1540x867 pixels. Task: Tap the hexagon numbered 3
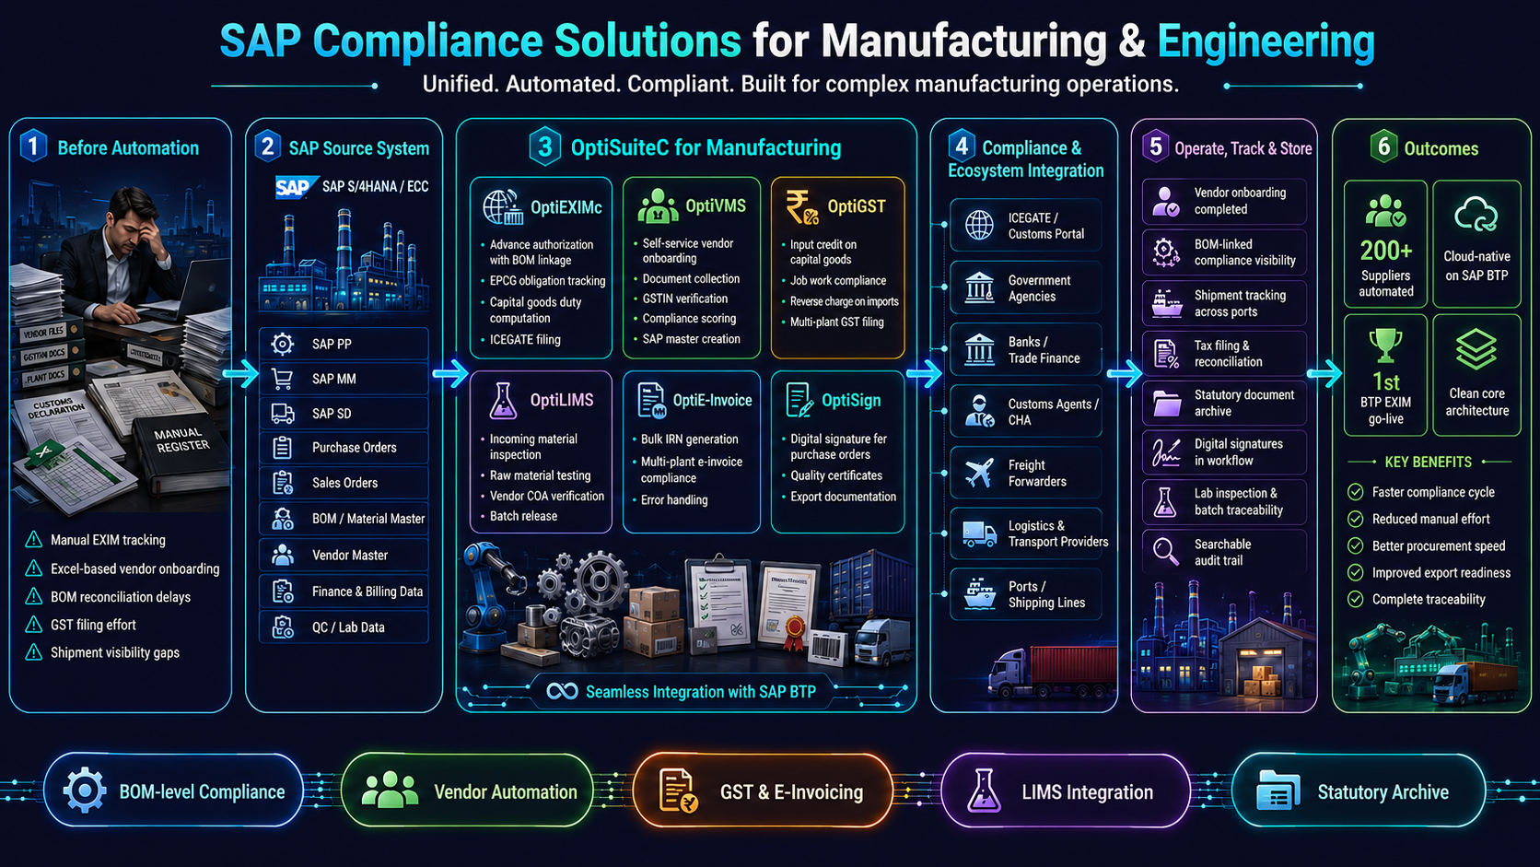[x=545, y=146]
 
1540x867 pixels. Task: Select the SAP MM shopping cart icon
[x=283, y=378]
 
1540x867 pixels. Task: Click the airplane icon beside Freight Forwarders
[x=979, y=473]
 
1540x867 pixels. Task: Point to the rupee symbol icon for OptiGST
[x=801, y=207]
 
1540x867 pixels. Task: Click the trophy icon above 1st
[x=1384, y=346]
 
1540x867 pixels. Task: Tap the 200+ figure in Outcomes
[x=1385, y=251]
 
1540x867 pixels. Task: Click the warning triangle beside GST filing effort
[x=34, y=625]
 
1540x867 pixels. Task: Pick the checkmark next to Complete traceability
[x=1355, y=599]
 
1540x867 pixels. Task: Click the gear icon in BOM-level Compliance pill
[x=85, y=791]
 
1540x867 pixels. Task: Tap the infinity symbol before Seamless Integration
[x=562, y=691]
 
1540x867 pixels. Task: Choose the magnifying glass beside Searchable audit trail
[x=1165, y=551]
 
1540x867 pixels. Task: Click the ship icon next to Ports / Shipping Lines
[x=979, y=594]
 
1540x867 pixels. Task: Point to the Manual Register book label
[x=179, y=440]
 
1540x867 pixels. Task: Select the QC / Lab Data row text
[x=348, y=627]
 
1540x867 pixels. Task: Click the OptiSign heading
[x=851, y=400]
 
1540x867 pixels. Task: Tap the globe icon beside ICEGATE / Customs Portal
[x=979, y=226]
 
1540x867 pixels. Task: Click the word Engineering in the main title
[x=1266, y=41]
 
